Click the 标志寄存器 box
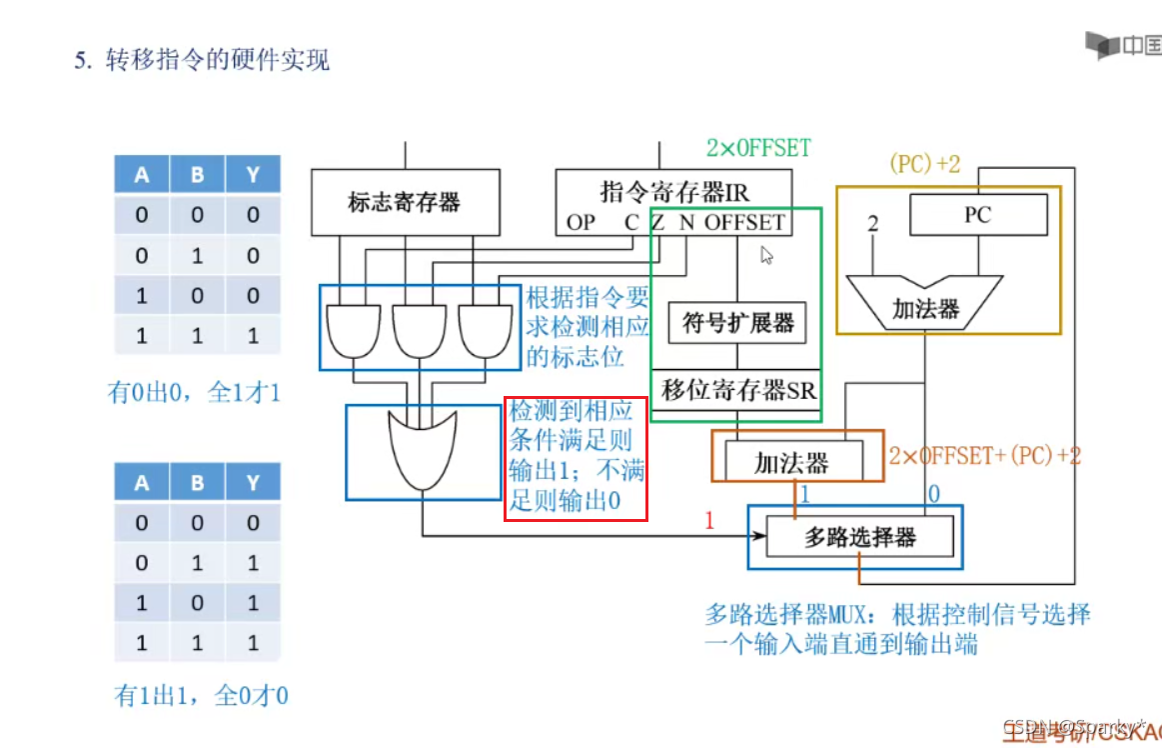[x=404, y=203]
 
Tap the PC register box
[x=977, y=214]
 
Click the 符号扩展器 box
[x=737, y=323]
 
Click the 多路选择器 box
[x=859, y=538]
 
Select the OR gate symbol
[x=421, y=450]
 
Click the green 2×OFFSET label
[x=758, y=148]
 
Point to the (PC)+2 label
[x=924, y=164]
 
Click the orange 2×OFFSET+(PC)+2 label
[x=984, y=456]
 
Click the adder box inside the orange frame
[x=791, y=463]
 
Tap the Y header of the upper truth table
[x=253, y=174]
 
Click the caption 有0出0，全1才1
[x=195, y=392]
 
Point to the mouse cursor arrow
[x=766, y=255]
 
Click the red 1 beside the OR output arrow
[x=710, y=520]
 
